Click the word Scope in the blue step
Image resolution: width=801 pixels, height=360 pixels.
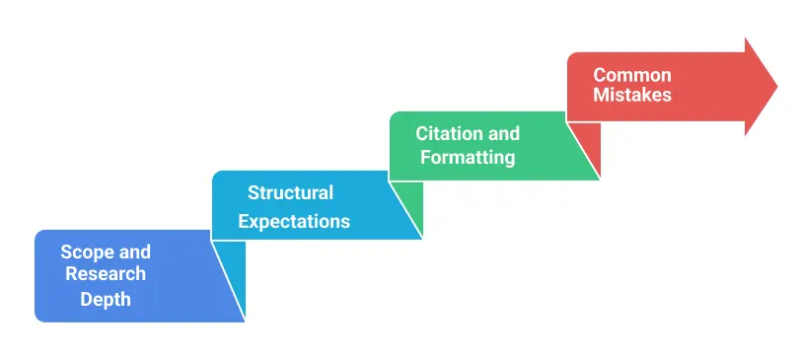pyautogui.click(x=83, y=252)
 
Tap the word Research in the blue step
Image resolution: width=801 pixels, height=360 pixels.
pyautogui.click(x=106, y=274)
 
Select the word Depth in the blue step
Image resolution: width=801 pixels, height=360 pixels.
pyautogui.click(x=106, y=298)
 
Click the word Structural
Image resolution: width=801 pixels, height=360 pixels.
pyautogui.click(x=290, y=193)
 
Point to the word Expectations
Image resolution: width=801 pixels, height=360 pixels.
pyautogui.click(x=294, y=221)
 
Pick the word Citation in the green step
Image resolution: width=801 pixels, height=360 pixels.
pyautogui.click(x=449, y=133)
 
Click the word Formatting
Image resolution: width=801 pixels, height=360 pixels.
pyautogui.click(x=468, y=157)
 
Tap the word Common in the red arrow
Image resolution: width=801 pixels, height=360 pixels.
pyautogui.click(x=632, y=75)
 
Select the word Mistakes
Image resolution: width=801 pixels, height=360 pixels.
pyautogui.click(x=632, y=96)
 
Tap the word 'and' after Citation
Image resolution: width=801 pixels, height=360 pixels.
pyautogui.click(x=503, y=133)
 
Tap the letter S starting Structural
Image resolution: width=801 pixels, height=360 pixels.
pyautogui.click(x=254, y=193)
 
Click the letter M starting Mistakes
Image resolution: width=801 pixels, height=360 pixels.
pyautogui.click(x=601, y=96)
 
